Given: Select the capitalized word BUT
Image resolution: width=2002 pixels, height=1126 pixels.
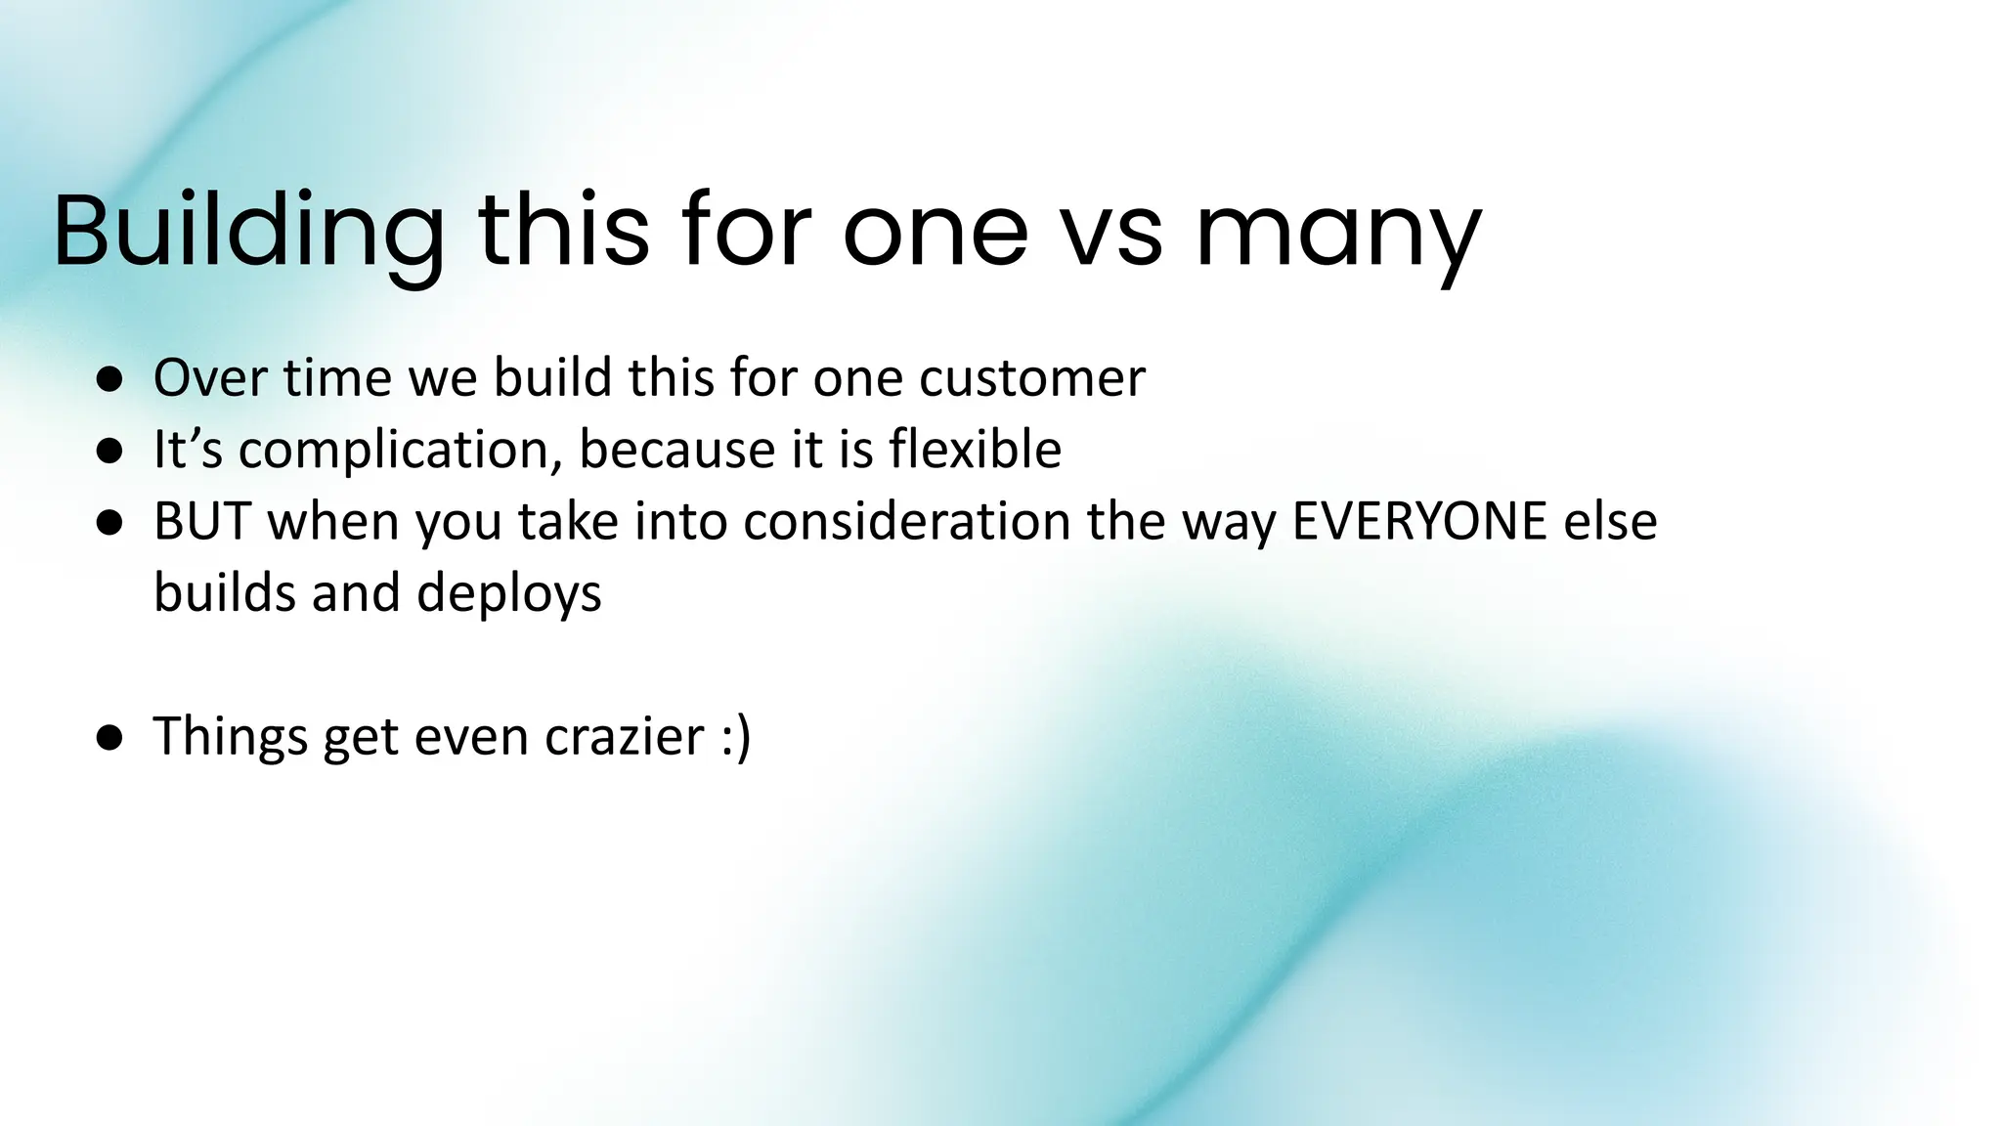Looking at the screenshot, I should click(202, 521).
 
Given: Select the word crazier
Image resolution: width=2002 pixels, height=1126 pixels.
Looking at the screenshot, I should click(625, 736).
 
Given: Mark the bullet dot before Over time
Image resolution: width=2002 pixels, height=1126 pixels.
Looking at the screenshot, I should click(110, 380).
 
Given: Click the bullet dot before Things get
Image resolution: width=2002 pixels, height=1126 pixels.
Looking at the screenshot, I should click(110, 739).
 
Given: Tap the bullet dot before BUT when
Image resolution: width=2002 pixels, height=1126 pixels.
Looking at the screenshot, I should click(110, 524).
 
